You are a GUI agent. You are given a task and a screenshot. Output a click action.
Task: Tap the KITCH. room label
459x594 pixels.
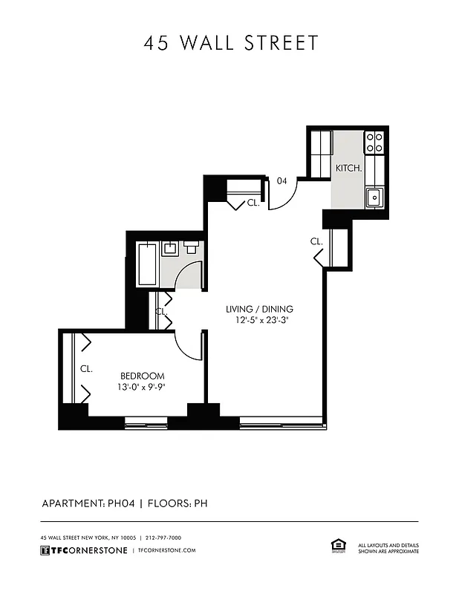(348, 169)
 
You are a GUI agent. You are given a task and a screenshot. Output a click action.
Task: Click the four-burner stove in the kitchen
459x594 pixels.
(374, 141)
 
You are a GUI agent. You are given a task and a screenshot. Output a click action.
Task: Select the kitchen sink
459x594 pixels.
(374, 197)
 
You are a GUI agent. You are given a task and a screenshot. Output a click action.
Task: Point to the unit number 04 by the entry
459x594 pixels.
(282, 180)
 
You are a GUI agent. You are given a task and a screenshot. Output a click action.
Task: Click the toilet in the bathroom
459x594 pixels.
(191, 247)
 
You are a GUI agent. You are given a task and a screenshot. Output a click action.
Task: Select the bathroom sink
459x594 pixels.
(170, 249)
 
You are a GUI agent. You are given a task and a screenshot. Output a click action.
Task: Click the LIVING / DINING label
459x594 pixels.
(259, 309)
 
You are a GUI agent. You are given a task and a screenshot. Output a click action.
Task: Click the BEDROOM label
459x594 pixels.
(143, 376)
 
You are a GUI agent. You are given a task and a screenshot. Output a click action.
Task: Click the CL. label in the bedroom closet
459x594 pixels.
(85, 369)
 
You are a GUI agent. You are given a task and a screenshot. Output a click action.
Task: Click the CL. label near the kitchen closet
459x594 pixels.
(316, 241)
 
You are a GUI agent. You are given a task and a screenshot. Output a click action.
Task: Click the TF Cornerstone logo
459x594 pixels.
(83, 550)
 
